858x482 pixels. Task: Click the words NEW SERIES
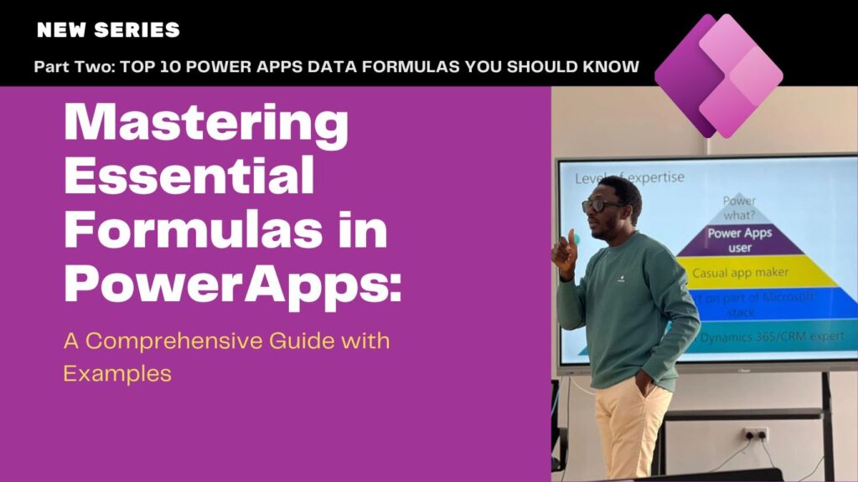click(108, 30)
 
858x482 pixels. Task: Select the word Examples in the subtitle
click(117, 372)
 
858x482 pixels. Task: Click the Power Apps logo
click(719, 75)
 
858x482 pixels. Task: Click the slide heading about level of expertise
click(629, 177)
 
